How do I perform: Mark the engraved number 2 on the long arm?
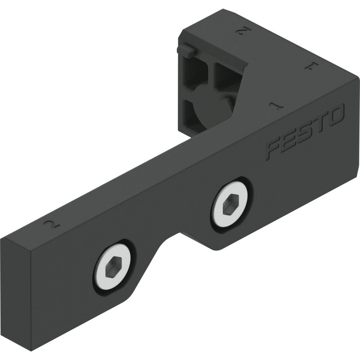coord(53,224)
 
